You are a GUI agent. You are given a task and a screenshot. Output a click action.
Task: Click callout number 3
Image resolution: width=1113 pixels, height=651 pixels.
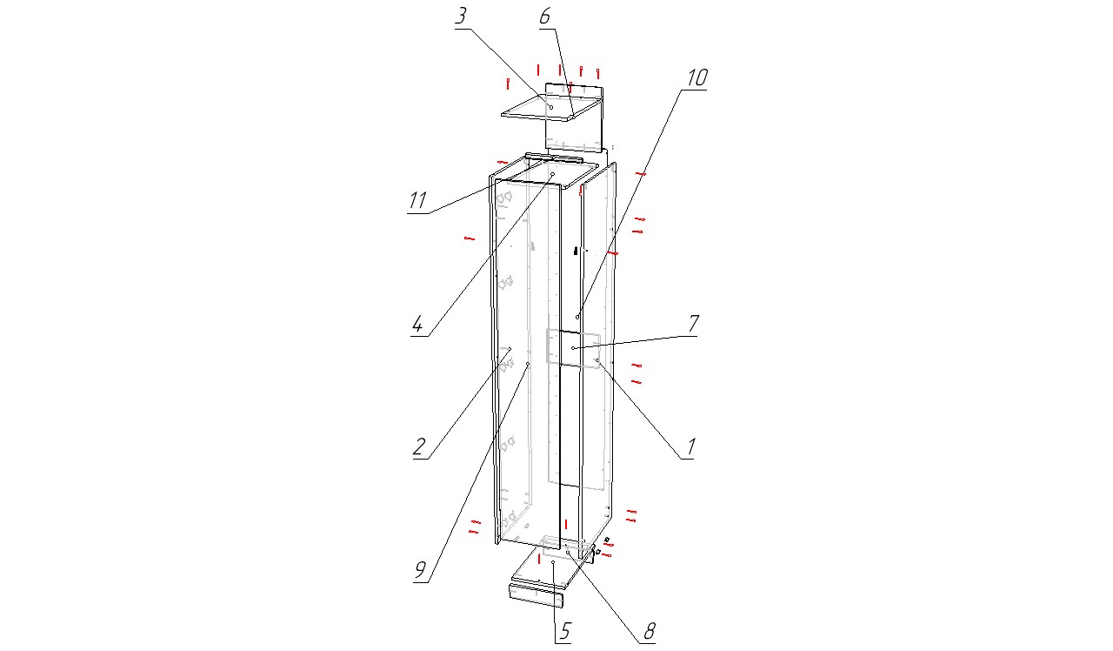461,16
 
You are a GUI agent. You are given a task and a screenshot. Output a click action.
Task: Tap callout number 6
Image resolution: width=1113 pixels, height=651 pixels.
544,16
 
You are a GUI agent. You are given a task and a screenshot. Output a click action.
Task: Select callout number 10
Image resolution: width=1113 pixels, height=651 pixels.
696,77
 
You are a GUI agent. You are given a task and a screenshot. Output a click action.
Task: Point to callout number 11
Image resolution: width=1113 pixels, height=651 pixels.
417,200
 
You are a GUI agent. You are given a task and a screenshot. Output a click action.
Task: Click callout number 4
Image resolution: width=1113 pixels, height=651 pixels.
417,325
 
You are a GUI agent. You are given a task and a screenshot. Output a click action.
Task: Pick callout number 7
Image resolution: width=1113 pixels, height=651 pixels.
694,323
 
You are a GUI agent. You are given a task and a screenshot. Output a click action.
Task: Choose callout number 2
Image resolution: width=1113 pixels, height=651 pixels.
419,446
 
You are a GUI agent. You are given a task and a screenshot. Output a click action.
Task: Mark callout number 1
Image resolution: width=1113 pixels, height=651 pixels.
690,447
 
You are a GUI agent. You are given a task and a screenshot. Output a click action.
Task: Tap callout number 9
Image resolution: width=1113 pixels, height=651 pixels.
420,570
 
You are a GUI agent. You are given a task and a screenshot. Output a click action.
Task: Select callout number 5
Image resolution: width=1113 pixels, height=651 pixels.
564,632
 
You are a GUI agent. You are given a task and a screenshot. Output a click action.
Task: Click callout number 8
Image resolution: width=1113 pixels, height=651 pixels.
649,632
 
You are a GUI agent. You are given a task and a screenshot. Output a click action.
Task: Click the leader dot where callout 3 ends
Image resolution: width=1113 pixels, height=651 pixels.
551,107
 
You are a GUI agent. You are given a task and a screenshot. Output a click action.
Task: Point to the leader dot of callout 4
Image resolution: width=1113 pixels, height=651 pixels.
552,174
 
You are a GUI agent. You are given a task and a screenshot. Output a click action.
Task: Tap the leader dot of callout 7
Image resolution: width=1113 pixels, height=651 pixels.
573,348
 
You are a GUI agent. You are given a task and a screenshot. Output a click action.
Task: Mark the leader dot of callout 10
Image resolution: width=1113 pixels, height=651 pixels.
577,317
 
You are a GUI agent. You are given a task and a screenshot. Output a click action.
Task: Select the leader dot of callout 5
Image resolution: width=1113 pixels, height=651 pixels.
553,562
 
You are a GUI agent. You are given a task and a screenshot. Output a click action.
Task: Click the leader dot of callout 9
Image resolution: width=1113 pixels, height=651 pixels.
528,364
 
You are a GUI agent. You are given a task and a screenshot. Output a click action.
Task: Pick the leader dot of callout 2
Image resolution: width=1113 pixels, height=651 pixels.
510,349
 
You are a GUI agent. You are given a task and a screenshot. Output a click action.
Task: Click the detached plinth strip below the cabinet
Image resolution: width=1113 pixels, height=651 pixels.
537,596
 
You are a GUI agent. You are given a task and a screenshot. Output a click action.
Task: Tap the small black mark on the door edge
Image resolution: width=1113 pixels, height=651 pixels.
576,251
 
